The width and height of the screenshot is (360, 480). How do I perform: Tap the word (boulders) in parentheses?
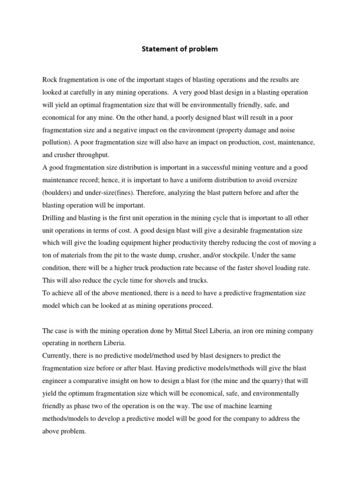tap(58, 192)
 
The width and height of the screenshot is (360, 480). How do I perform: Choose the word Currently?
tap(57, 355)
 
